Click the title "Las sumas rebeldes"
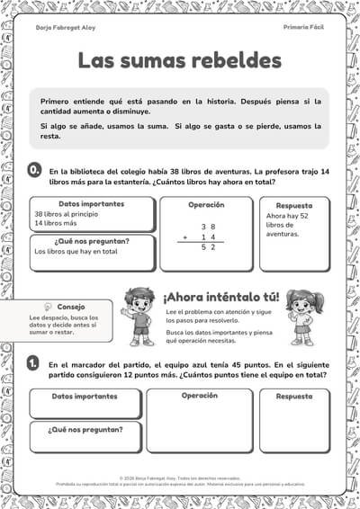click(179, 61)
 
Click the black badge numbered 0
click(33, 169)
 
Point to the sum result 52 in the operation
click(208, 246)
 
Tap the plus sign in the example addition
click(184, 237)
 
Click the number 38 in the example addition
click(208, 226)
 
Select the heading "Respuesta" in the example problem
click(294, 206)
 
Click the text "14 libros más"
click(55, 223)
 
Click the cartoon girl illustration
click(301, 317)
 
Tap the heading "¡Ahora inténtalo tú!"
click(220, 297)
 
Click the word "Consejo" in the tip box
click(71, 307)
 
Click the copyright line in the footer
click(180, 478)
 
